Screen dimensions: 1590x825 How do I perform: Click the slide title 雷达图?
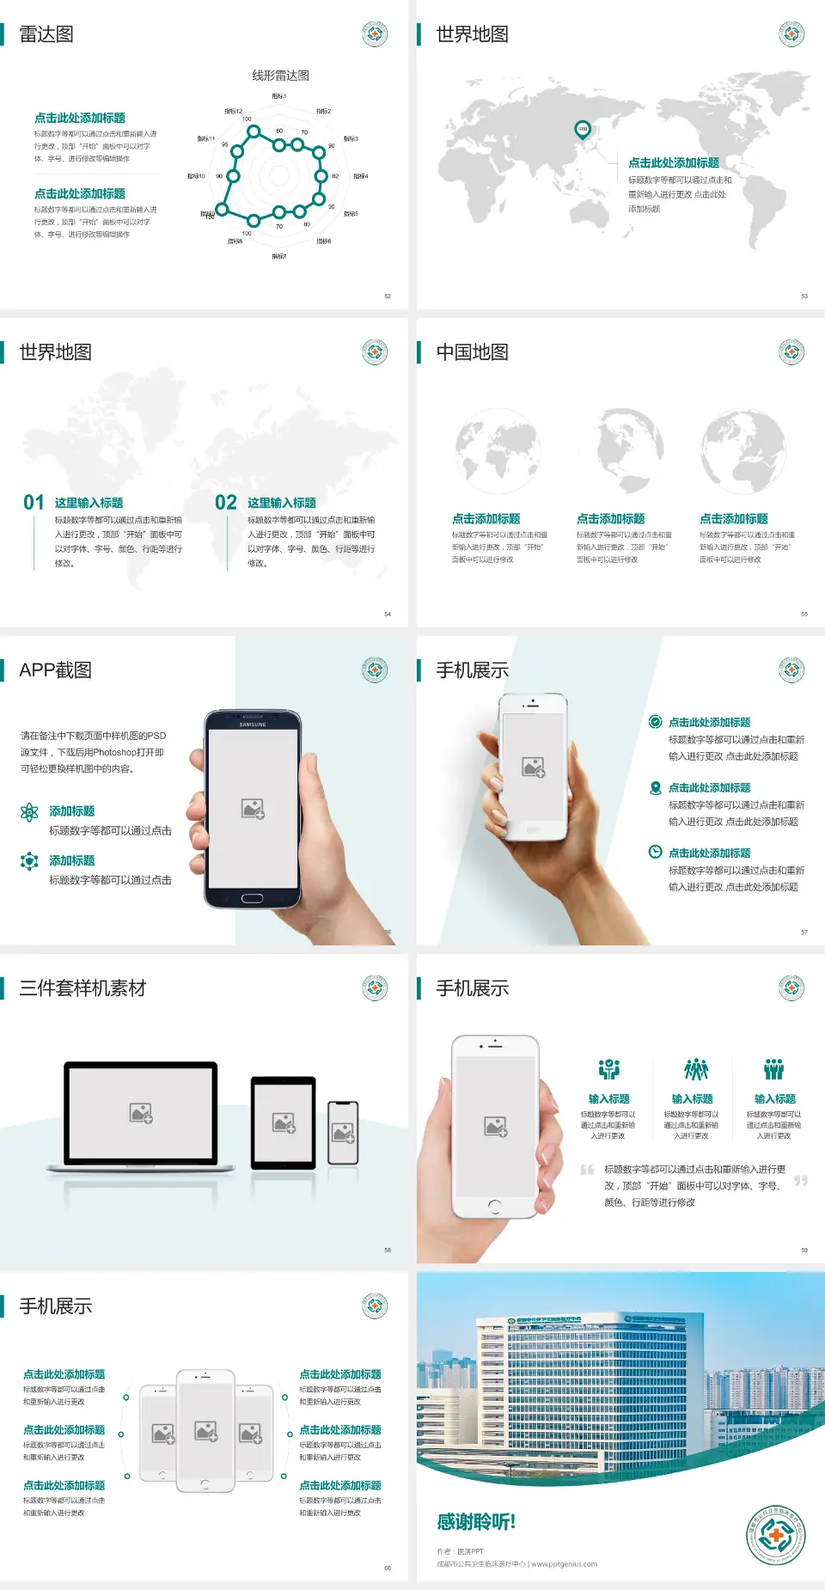[46, 34]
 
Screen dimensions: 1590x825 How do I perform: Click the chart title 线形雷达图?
[280, 76]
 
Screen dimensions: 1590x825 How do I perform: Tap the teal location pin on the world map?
[583, 130]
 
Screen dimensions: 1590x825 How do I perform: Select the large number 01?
[34, 503]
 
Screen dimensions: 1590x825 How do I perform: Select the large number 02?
[226, 503]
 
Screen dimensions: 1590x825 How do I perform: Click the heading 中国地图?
[472, 352]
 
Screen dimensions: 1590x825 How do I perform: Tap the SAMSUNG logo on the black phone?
[253, 725]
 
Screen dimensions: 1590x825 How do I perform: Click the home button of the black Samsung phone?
[252, 898]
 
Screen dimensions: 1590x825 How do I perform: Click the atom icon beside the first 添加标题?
[29, 812]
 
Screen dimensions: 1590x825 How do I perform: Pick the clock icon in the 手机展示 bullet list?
[655, 852]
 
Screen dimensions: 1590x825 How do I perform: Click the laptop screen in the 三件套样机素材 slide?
[141, 1112]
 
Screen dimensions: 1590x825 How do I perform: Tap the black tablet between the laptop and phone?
[284, 1122]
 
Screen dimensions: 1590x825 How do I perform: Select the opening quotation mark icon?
[587, 1170]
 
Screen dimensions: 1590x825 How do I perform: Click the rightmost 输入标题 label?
[774, 1099]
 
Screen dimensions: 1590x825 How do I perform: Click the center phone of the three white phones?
[205, 1431]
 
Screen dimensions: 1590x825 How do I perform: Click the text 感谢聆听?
[476, 1522]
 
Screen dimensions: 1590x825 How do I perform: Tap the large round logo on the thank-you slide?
[775, 1535]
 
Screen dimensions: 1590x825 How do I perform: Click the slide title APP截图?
[55, 670]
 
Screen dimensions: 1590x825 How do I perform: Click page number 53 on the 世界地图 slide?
[804, 296]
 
